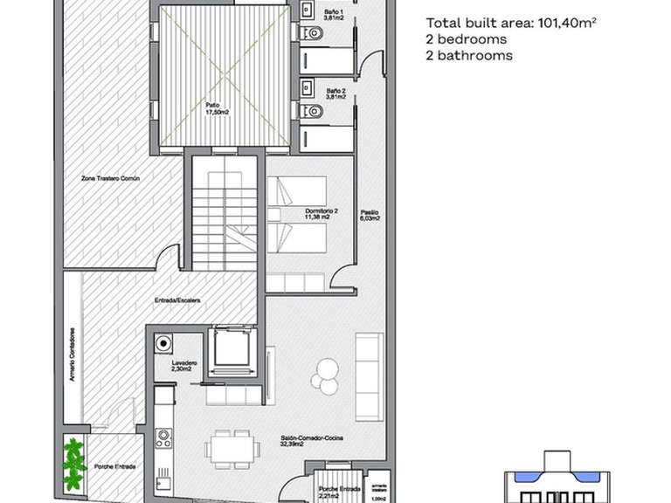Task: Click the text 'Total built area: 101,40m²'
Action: [511, 24]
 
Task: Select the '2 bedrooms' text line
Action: [466, 40]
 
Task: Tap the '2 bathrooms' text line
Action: [468, 56]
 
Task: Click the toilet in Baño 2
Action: [315, 111]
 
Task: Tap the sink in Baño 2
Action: [306, 86]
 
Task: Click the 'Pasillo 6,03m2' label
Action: [369, 215]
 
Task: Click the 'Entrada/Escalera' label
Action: [178, 300]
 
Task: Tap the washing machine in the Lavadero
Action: [163, 343]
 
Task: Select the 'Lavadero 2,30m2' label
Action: [184, 366]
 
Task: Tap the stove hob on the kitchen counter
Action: [163, 438]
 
